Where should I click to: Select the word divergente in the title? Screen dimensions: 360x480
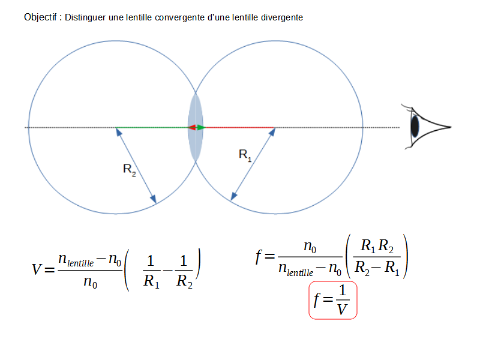click(283, 17)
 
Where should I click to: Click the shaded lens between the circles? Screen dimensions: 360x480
click(196, 127)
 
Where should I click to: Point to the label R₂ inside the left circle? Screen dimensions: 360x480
click(130, 170)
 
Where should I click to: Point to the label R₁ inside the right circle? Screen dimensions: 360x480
click(245, 155)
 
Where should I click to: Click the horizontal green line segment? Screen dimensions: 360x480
click(152, 128)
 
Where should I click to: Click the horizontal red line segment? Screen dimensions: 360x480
click(240, 128)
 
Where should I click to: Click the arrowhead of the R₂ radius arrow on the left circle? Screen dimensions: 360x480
click(154, 200)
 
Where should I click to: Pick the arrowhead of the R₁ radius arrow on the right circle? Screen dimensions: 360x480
click(233, 197)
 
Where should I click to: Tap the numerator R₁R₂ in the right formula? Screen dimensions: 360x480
click(376, 247)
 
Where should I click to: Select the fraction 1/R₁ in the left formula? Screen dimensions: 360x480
click(151, 271)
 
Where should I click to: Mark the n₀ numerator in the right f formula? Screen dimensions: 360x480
click(310, 246)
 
